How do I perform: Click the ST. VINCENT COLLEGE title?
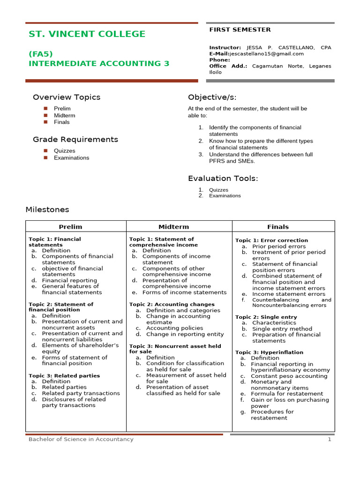[x=87, y=34]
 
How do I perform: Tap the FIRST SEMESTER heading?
[x=240, y=30]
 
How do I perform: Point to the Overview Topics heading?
[x=67, y=97]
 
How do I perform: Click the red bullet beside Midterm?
[x=46, y=115]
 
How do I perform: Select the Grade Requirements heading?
[x=75, y=140]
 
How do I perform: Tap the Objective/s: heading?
[x=212, y=97]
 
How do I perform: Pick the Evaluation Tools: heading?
[x=223, y=179]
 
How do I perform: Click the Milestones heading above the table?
[x=47, y=210]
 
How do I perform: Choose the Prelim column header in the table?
[x=70, y=227]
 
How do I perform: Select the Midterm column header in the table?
[x=174, y=227]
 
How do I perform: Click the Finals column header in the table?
[x=278, y=227]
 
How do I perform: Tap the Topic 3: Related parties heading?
[x=64, y=376]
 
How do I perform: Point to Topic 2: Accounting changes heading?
[x=172, y=305]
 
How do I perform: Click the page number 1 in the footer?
[x=330, y=440]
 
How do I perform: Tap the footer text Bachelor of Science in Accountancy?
[x=81, y=440]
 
